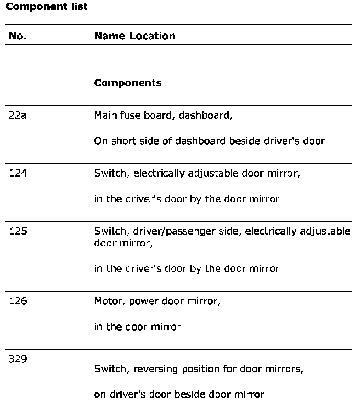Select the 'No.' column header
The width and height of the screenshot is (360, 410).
coord(17,36)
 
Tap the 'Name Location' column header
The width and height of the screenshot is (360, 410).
coord(134,36)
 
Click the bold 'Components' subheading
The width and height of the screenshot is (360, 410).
coord(128,83)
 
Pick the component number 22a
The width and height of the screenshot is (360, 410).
coord(17,115)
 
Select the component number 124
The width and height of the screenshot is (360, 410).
coord(17,173)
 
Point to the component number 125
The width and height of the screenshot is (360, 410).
coord(17,231)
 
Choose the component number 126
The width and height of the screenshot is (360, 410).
coord(17,301)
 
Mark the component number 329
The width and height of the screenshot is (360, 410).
coord(17,359)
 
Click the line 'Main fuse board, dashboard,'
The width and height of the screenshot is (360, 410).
coord(163,115)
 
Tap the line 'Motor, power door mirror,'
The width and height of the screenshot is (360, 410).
coord(157,301)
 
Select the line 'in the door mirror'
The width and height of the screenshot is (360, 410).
coord(137,327)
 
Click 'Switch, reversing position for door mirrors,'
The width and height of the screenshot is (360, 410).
coord(198,369)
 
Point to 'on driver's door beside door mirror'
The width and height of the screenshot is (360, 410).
coord(179,395)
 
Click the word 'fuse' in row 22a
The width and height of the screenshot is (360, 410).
coord(129,115)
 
